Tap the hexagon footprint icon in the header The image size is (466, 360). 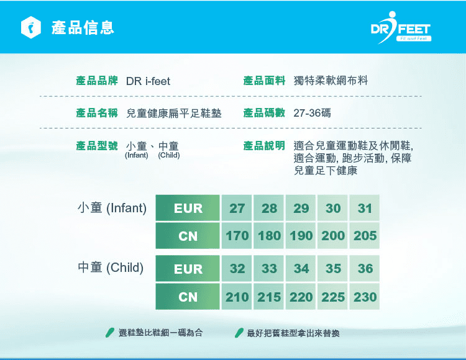30,27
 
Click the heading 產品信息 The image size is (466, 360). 83,28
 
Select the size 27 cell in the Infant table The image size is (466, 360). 237,208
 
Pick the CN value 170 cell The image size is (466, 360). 237,236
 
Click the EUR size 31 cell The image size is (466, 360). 365,208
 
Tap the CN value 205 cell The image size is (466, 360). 365,236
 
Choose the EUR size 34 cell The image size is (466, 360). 301,268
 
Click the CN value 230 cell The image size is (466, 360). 365,297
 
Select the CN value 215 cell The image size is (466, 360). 268,297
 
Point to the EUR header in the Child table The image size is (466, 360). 188,268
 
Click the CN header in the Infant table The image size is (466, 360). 188,236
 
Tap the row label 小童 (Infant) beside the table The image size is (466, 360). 112,208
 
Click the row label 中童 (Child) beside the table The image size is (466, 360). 111,268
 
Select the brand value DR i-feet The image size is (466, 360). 148,81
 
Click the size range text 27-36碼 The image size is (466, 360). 312,113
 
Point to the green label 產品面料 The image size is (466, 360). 264,81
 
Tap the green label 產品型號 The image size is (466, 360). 97,145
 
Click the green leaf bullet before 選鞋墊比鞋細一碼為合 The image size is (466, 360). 110,333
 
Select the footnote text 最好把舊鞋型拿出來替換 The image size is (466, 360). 293,333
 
